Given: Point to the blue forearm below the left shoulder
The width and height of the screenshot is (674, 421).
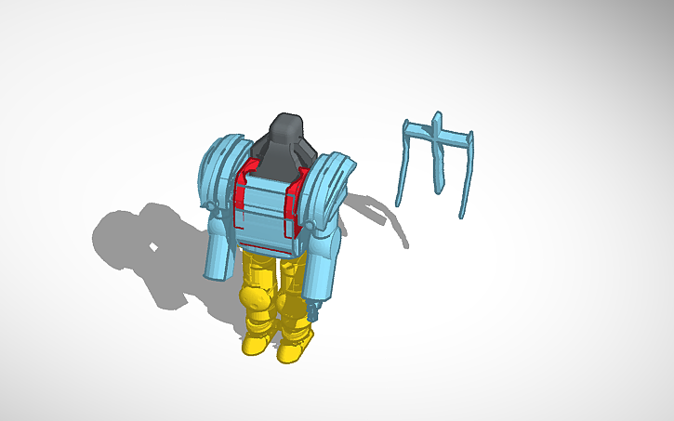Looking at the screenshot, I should pos(219,252).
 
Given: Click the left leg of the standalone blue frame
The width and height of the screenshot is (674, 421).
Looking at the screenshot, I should pos(403,167).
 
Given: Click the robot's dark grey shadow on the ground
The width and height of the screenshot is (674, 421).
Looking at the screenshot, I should pos(149,251).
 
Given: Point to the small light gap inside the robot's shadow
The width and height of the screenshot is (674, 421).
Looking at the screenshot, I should pos(154,248).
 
